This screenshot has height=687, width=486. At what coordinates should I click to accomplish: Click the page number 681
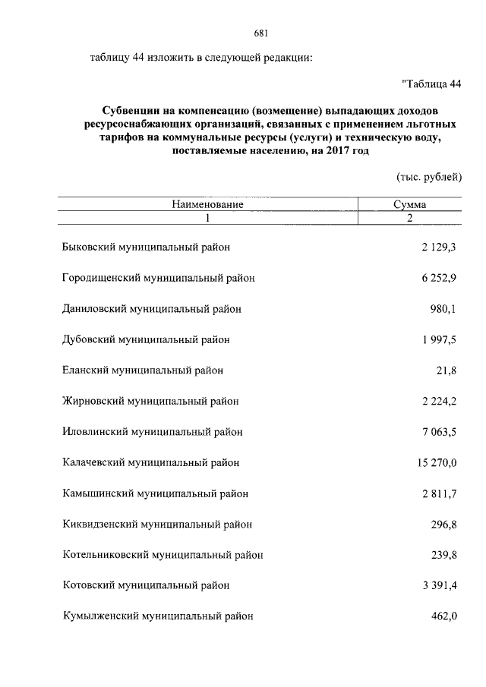[261, 33]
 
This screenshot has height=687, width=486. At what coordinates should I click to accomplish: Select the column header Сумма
[409, 205]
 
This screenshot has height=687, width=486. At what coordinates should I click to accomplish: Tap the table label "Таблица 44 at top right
[431, 84]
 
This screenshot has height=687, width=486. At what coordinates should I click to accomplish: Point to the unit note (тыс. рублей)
[429, 176]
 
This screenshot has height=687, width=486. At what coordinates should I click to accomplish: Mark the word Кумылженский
[97, 616]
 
